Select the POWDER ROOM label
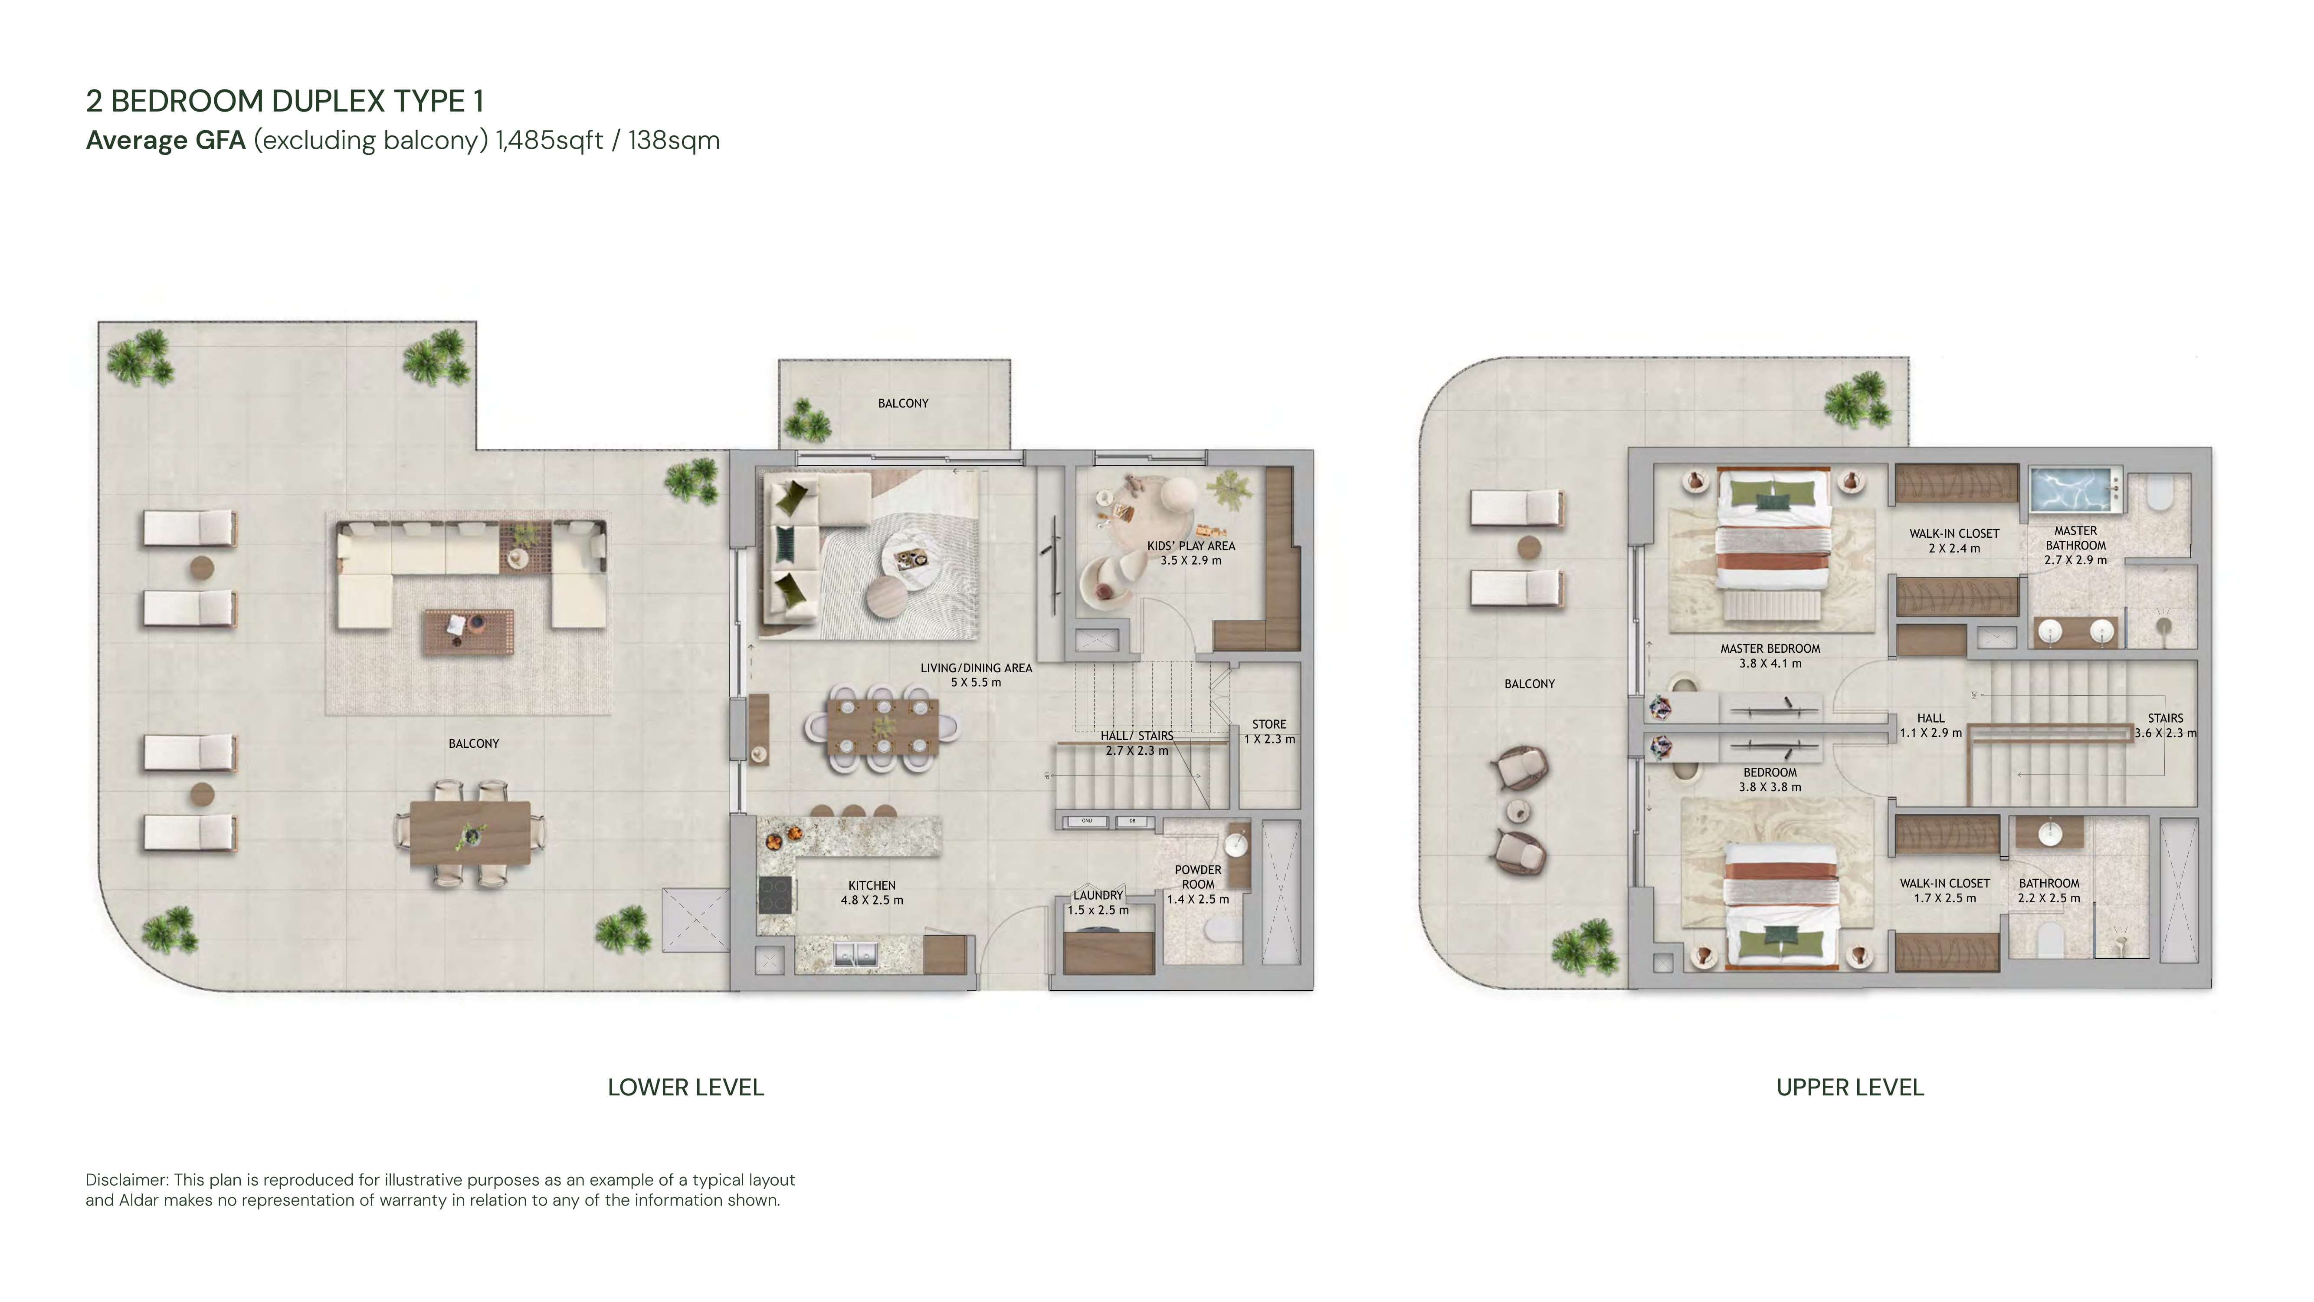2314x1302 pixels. click(1197, 877)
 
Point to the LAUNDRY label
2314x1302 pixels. click(1098, 895)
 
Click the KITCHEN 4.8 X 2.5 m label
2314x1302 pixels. click(872, 892)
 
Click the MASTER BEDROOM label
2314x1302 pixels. click(1770, 648)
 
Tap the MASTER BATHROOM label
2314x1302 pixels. click(2075, 538)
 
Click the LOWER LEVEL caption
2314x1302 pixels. click(685, 1087)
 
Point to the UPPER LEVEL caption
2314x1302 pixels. click(1849, 1087)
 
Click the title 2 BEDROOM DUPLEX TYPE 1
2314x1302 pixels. click(285, 101)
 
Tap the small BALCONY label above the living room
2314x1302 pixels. click(903, 404)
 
